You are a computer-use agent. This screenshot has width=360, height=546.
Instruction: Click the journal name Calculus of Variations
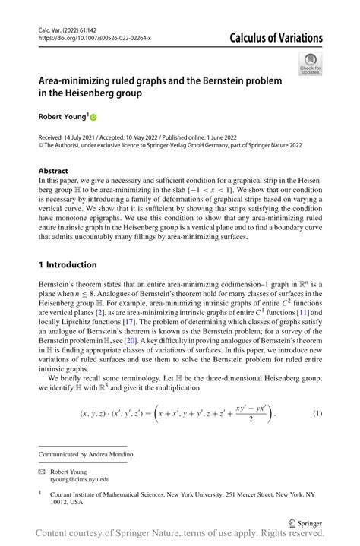click(270, 38)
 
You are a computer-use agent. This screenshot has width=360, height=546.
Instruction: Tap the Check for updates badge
click(310, 64)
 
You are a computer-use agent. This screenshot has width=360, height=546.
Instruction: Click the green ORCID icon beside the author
click(94, 118)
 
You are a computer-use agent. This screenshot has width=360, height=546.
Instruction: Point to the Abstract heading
click(53, 171)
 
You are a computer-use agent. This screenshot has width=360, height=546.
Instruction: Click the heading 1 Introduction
click(68, 264)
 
